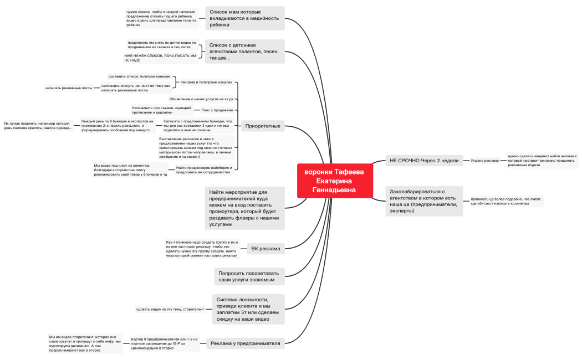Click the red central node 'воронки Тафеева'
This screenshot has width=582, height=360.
click(x=334, y=180)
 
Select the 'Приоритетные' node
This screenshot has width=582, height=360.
click(x=263, y=126)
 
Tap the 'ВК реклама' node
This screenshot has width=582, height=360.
click(x=266, y=248)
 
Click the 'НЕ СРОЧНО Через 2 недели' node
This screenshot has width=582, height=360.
click(x=424, y=161)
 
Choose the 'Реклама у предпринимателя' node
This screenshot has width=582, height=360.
click(x=246, y=343)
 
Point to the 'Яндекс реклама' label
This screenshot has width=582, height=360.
click(x=484, y=161)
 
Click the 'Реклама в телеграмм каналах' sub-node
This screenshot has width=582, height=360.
click(x=206, y=82)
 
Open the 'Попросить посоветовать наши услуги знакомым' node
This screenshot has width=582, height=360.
click(x=249, y=276)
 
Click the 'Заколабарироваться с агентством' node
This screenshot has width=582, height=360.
click(x=425, y=201)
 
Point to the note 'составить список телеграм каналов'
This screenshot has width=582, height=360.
click(x=139, y=76)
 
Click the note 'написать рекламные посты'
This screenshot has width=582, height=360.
click(x=69, y=88)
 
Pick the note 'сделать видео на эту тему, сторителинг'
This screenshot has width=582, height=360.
click(x=170, y=309)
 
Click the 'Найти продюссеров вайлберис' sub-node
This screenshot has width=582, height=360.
click(x=203, y=169)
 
